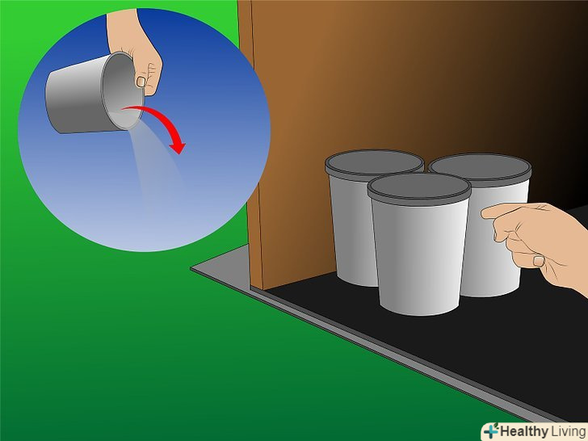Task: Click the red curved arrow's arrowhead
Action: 178,147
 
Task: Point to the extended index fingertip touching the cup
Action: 484,213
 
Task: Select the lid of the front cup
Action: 419,189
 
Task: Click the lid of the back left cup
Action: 374,165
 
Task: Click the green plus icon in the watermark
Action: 492,430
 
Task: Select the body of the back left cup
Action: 352,229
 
